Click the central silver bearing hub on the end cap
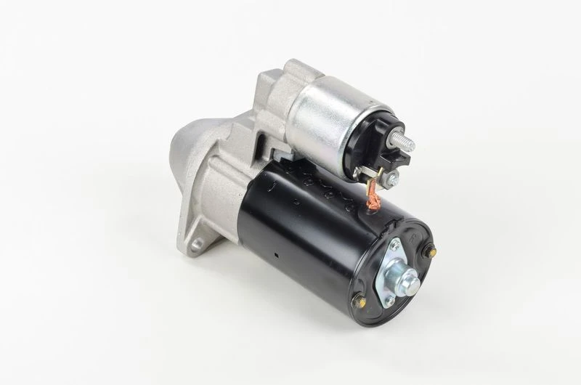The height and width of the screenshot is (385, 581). click(401, 276)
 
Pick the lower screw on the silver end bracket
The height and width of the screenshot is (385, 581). click(389, 300)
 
